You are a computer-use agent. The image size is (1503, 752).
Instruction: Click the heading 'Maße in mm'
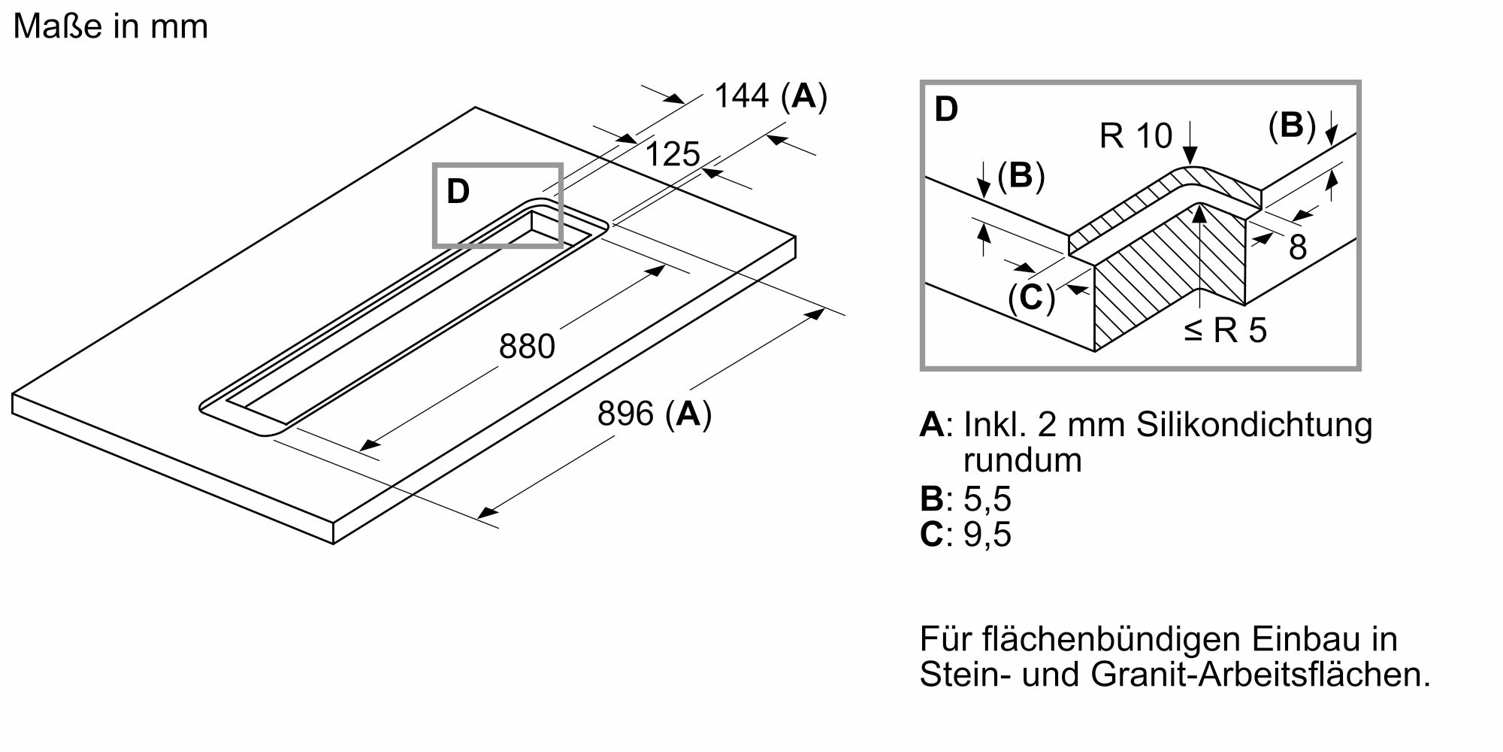click(x=110, y=27)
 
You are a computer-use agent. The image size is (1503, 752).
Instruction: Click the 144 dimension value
click(x=742, y=96)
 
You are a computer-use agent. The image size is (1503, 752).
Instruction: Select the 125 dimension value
click(x=673, y=154)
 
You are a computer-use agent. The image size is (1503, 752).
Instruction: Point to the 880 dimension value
click(x=527, y=347)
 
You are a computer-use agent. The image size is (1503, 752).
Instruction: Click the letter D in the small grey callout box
click(x=458, y=192)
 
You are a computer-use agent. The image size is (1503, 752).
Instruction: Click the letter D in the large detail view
click(x=946, y=110)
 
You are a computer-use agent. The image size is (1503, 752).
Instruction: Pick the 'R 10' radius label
click(x=1136, y=136)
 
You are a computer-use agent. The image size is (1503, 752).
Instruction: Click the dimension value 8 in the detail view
click(x=1298, y=248)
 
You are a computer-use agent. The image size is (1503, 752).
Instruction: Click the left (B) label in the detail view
click(x=1021, y=176)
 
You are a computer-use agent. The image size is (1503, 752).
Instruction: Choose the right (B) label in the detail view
click(x=1292, y=126)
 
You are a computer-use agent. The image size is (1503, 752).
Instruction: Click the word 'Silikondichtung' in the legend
click(x=1254, y=425)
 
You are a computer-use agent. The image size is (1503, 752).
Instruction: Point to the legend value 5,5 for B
click(x=987, y=499)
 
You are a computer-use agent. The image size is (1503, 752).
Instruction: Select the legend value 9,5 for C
click(x=987, y=535)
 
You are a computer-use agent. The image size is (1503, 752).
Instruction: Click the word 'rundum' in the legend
click(x=1022, y=460)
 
